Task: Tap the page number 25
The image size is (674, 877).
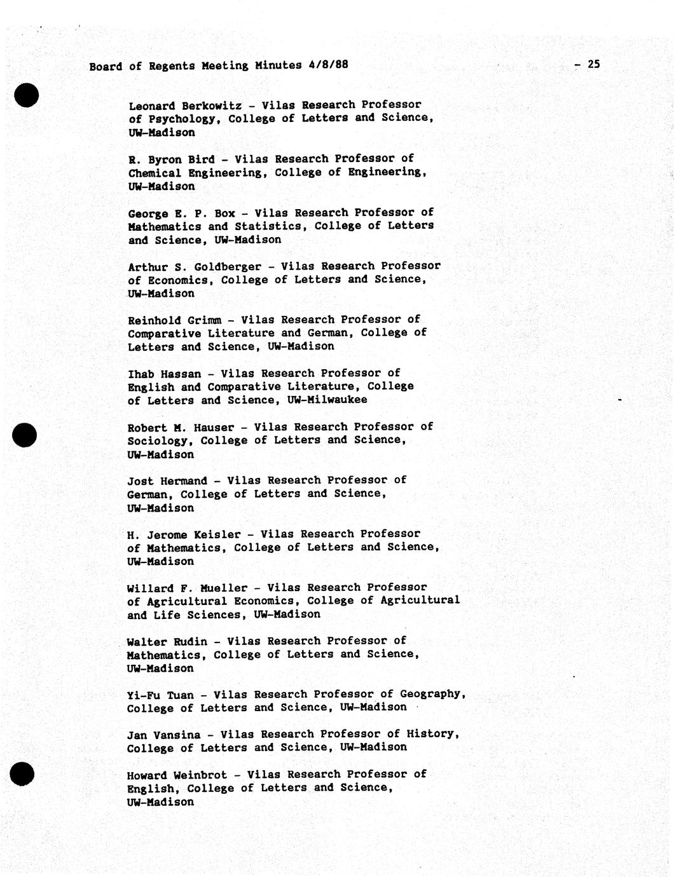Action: [594, 64]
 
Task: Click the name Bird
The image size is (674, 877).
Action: [202, 159]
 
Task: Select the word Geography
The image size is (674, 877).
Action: [432, 695]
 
